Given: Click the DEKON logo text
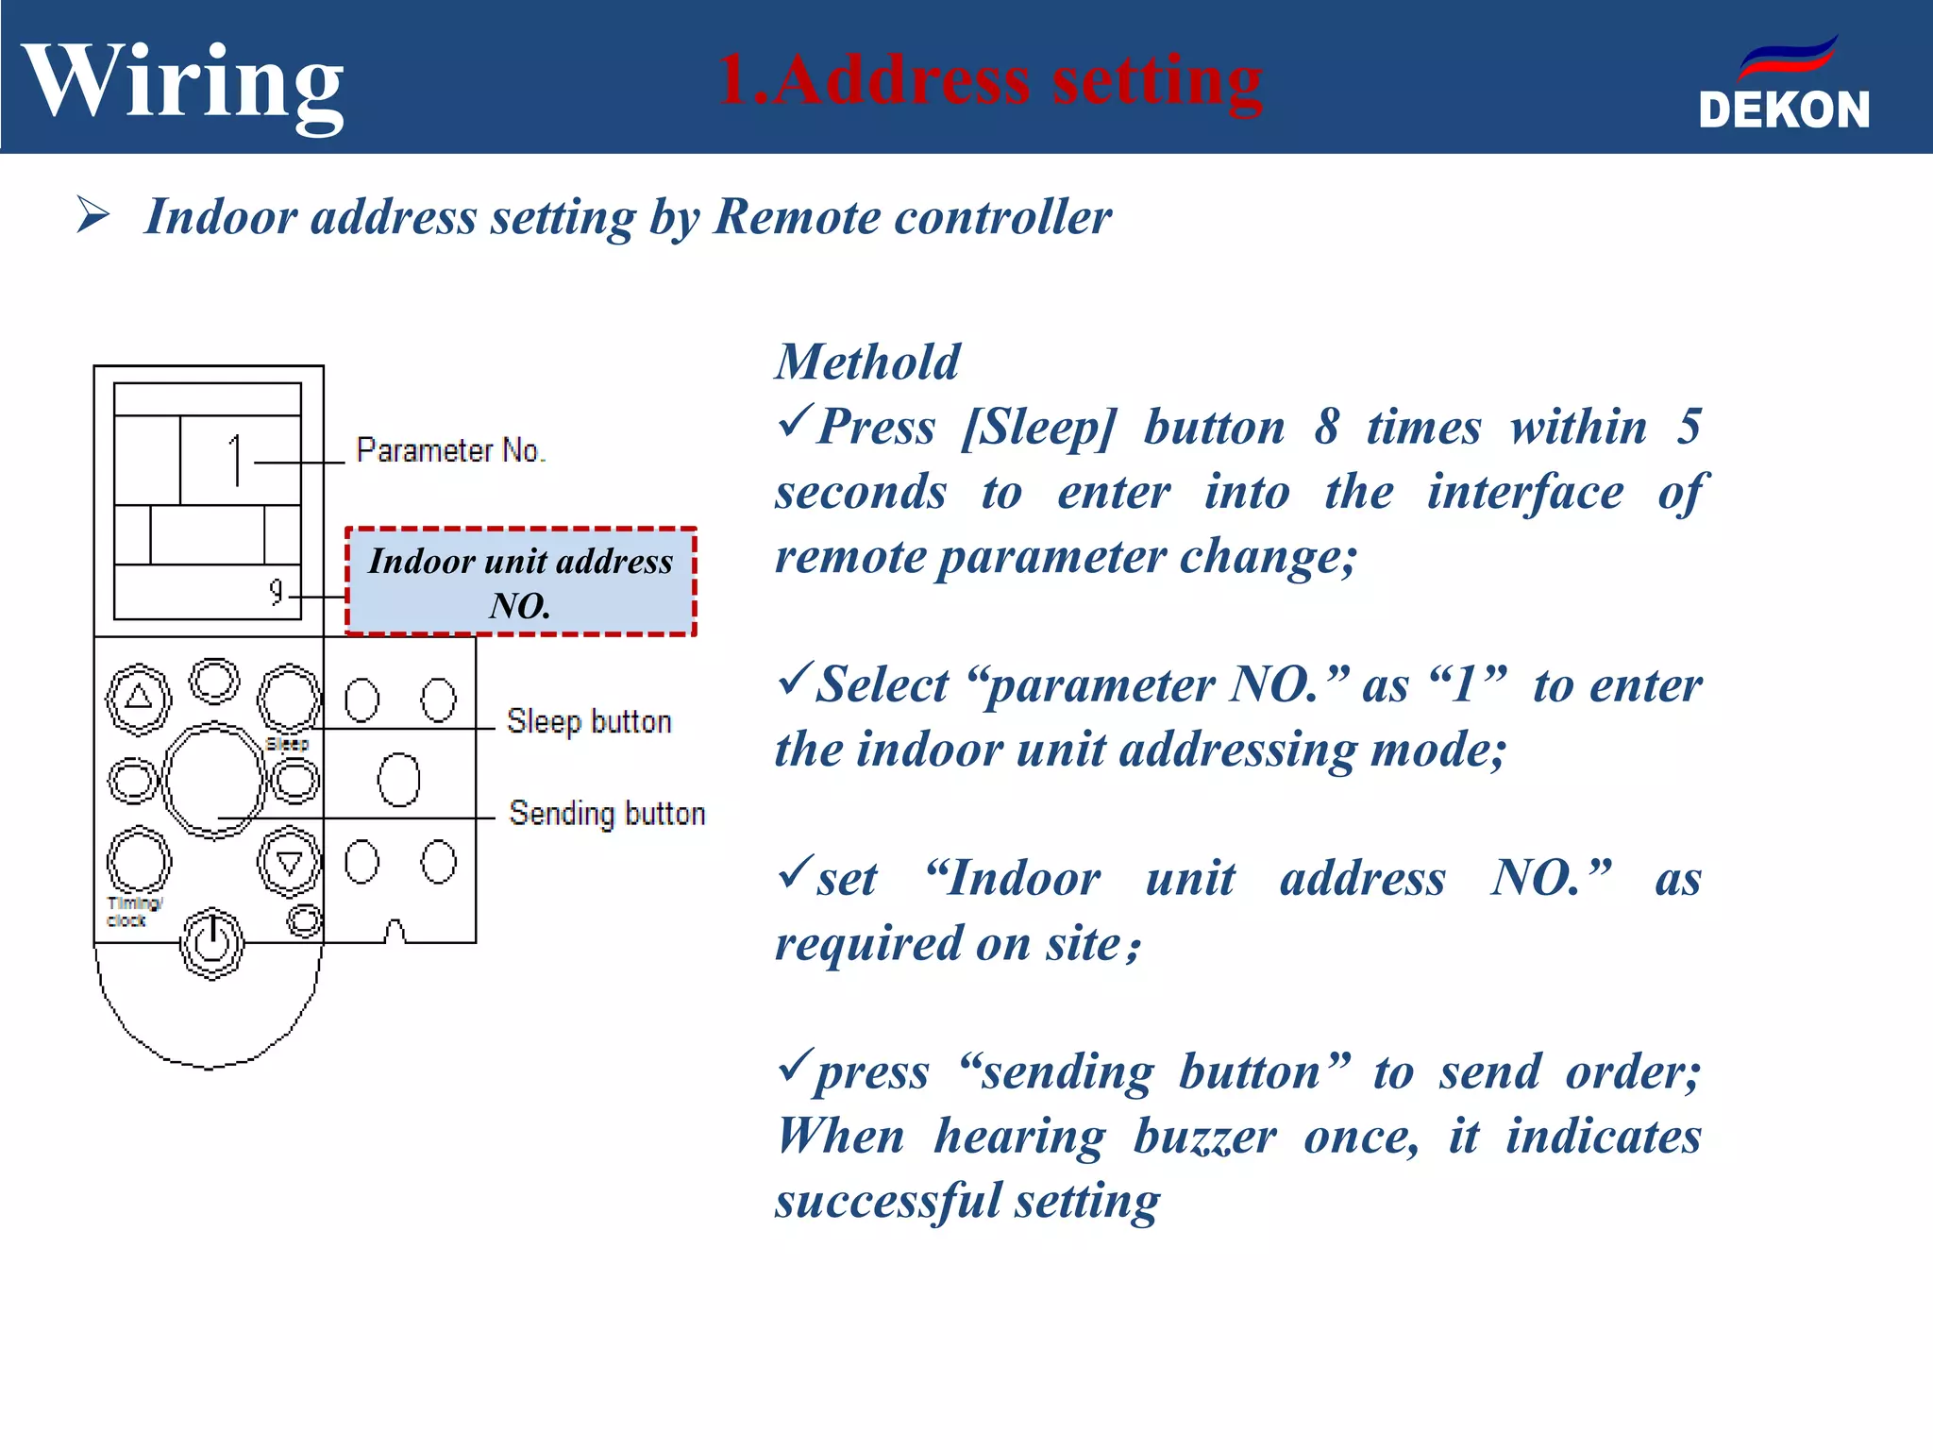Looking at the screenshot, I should pyautogui.click(x=1783, y=110).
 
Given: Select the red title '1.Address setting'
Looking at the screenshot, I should pyautogui.click(x=990, y=81).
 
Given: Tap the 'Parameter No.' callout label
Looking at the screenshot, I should pyautogui.click(x=450, y=450).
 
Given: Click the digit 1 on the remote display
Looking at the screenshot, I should pyautogui.click(x=236, y=461).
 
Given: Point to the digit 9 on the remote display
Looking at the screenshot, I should pyautogui.click(x=276, y=592).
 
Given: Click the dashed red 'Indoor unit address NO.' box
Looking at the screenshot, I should pyautogui.click(x=521, y=582).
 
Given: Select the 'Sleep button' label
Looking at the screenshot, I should pyautogui.click(x=589, y=722).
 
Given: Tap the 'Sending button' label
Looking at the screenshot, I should pyautogui.click(x=607, y=814).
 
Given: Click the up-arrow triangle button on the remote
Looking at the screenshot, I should pyautogui.click(x=139, y=699).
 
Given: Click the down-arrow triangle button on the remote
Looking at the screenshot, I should pyautogui.click(x=289, y=861).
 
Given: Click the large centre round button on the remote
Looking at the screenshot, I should pyautogui.click(x=213, y=780).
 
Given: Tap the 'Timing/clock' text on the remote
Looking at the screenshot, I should pyautogui.click(x=133, y=912).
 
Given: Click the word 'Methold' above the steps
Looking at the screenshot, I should pyautogui.click(x=866, y=362).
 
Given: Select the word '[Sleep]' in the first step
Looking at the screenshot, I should pyautogui.click(x=1038, y=428).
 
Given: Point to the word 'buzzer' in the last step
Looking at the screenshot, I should pyautogui.click(x=1204, y=1137).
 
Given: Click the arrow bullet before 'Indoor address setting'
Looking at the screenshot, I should pyautogui.click(x=93, y=215).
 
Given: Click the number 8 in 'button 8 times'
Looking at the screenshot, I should pyautogui.click(x=1326, y=427).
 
